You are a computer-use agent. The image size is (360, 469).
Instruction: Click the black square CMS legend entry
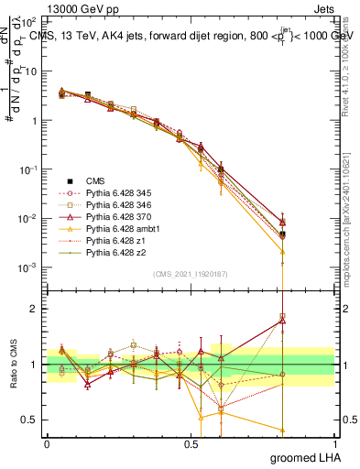coord(95,182)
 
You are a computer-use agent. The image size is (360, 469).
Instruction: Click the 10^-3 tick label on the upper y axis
coord(29,267)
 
